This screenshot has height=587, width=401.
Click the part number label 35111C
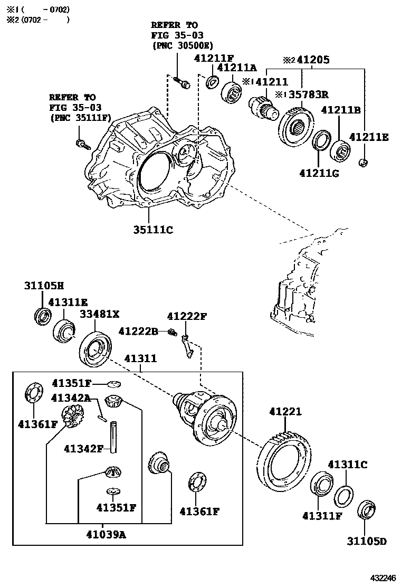[153, 230]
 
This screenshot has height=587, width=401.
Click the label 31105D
[367, 542]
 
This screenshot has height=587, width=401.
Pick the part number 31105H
[43, 286]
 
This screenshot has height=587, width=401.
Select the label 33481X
[100, 315]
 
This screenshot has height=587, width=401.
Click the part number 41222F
[187, 317]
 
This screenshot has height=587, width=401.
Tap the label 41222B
[138, 332]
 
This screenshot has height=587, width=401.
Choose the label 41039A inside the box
[106, 534]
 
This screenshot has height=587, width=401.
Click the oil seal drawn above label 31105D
[367, 510]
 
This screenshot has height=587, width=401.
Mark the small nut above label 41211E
[363, 162]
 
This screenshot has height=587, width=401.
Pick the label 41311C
[347, 465]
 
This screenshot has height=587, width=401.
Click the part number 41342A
[71, 398]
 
